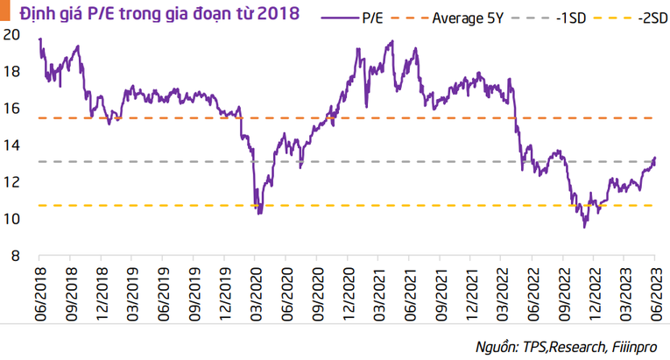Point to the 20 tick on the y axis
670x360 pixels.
tap(11, 34)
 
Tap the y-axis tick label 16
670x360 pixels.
tap(11, 108)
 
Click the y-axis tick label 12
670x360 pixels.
tap(11, 181)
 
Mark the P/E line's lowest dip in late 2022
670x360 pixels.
tap(585, 227)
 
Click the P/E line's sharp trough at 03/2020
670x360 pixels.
tap(258, 213)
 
